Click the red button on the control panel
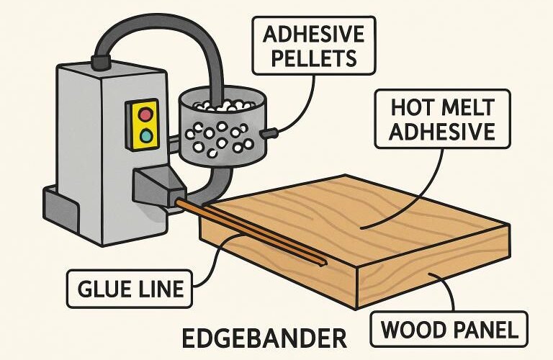pyautogui.click(x=145, y=114)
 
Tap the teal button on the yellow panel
pyautogui.click(x=146, y=135)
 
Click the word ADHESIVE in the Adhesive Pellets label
pyautogui.click(x=313, y=35)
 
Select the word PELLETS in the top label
pyautogui.click(x=313, y=58)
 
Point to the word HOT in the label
pyautogui.click(x=412, y=107)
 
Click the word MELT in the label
pyautogui.click(x=465, y=107)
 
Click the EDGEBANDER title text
pyautogui.click(x=264, y=338)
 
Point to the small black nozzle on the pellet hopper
pyautogui.click(x=269, y=133)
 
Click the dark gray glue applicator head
pyautogui.click(x=158, y=187)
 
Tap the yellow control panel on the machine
pyautogui.click(x=143, y=125)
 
